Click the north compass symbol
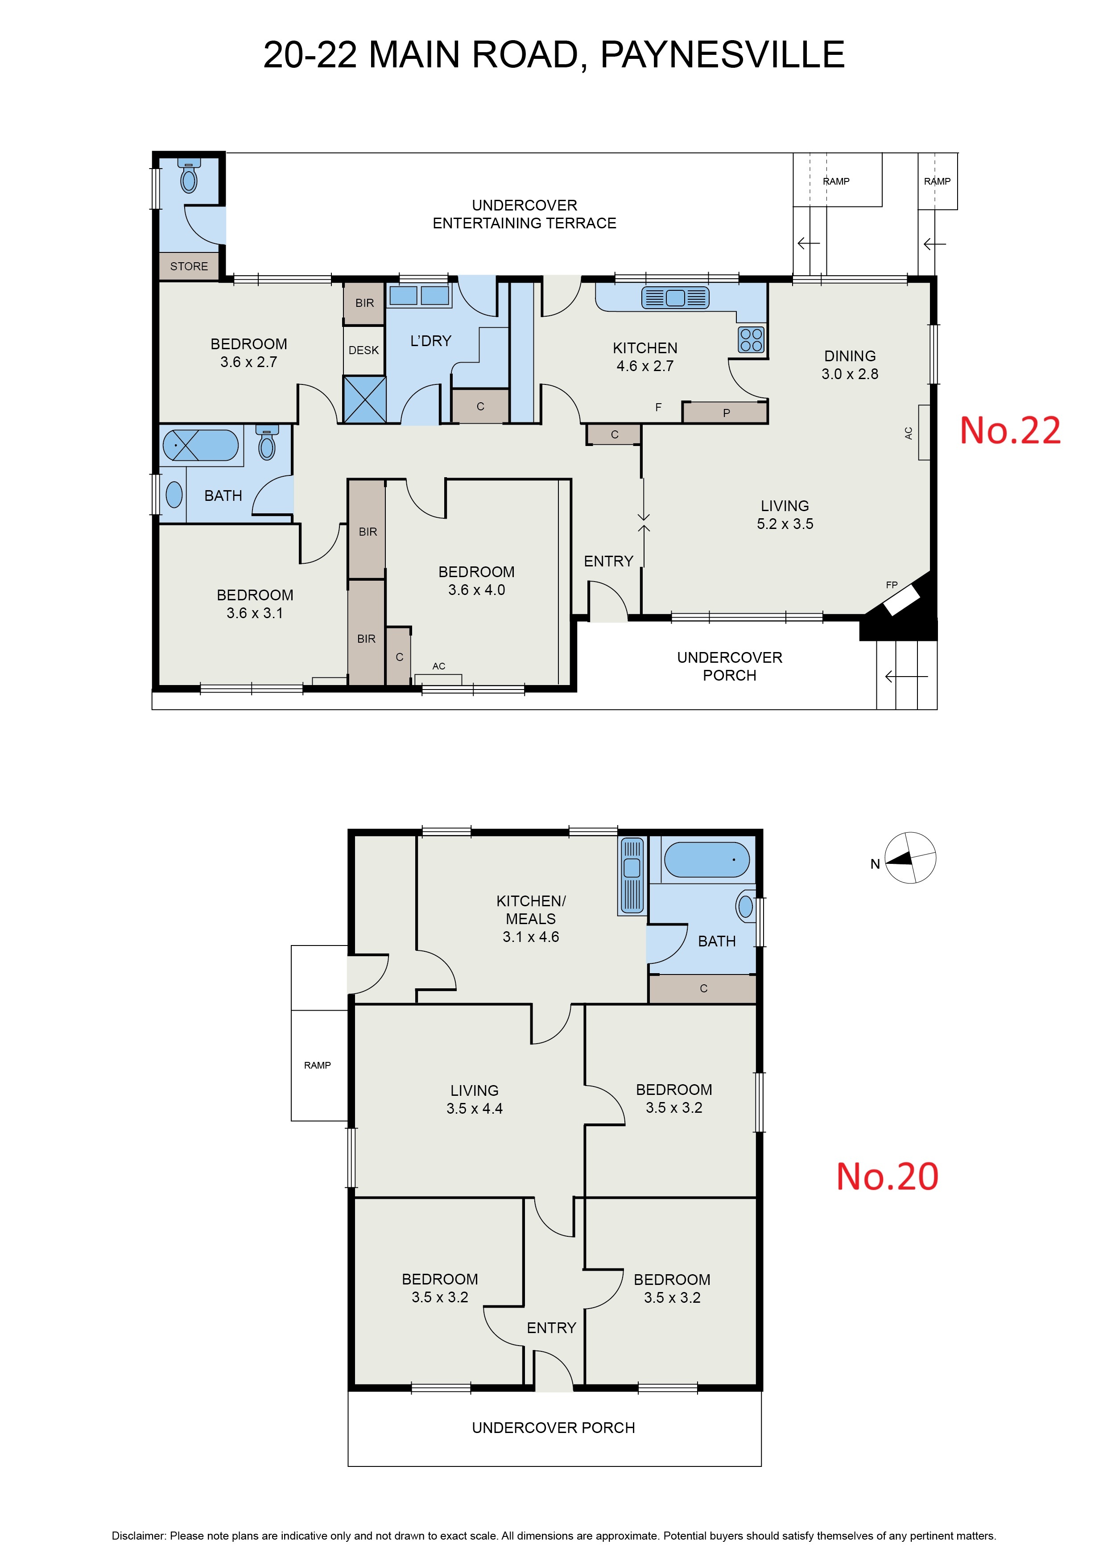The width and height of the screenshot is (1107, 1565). (909, 858)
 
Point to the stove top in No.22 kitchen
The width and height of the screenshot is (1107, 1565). (751, 339)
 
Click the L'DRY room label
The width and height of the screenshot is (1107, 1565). (431, 341)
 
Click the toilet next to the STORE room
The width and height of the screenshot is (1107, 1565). (189, 177)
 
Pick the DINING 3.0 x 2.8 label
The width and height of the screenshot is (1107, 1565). (850, 365)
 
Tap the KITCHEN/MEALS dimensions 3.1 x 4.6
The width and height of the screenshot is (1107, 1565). (531, 937)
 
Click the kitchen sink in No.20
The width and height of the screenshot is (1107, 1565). (632, 876)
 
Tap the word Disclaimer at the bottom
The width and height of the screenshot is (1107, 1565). (138, 1536)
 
